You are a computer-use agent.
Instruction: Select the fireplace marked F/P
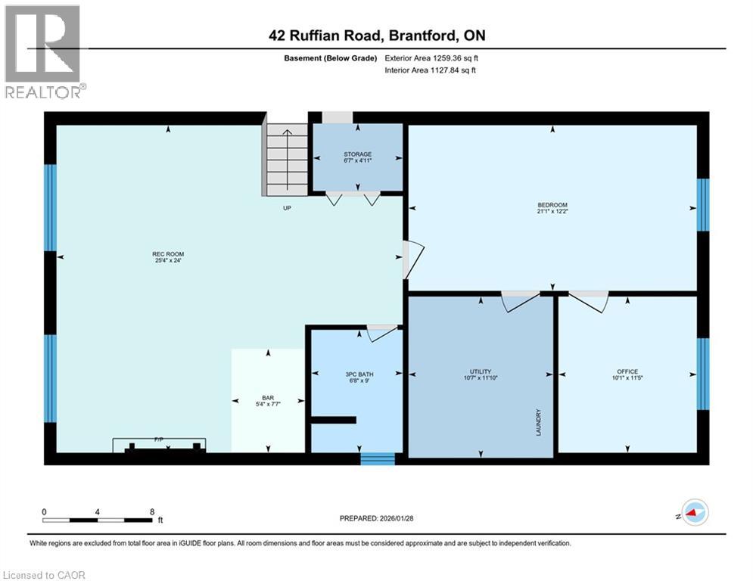(159, 445)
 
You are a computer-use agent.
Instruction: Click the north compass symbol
(694, 514)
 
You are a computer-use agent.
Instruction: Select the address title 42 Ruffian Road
(375, 36)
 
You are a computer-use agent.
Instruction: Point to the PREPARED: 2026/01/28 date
(377, 518)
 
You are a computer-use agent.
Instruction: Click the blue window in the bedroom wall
(702, 204)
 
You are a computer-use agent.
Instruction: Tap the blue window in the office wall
(702, 372)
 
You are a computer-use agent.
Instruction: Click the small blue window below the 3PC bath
(377, 458)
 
